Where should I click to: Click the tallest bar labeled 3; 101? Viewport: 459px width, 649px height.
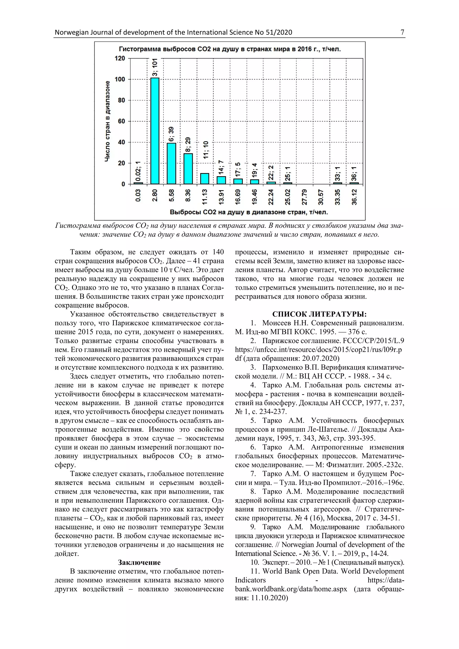click(x=155, y=131)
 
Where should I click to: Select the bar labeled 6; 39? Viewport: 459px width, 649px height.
click(x=171, y=163)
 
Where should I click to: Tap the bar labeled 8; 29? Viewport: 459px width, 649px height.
click(x=188, y=169)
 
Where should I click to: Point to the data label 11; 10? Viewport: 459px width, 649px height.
click(x=206, y=150)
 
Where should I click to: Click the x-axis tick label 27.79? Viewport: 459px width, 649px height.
click(x=304, y=197)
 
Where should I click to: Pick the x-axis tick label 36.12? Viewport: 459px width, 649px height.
click(x=354, y=197)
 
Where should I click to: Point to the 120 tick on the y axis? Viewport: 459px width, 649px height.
click(x=119, y=58)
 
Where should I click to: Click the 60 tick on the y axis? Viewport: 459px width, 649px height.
click(x=121, y=121)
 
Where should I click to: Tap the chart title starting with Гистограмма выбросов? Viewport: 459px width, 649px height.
click(x=229, y=49)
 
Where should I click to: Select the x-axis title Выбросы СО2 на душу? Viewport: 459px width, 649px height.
click(x=249, y=212)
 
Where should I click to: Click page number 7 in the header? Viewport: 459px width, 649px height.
click(x=402, y=32)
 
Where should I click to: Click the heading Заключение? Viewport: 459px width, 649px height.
click(x=139, y=562)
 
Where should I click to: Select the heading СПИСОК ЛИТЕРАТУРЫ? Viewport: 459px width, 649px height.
click(x=319, y=314)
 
